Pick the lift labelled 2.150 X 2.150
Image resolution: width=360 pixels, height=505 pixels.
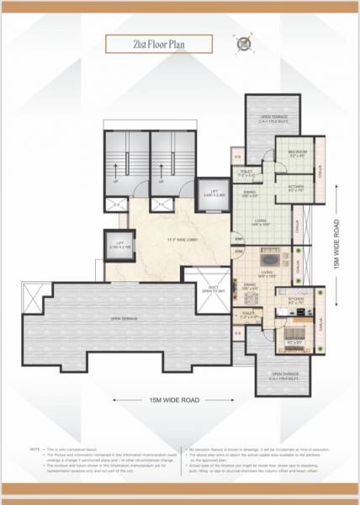pyautogui.click(x=119, y=246)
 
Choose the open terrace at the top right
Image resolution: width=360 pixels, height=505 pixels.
pyautogui.click(x=274, y=119)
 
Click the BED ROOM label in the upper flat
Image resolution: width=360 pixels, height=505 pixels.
pyautogui.click(x=297, y=154)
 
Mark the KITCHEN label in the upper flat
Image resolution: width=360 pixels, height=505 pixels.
pyautogui.click(x=296, y=189)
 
